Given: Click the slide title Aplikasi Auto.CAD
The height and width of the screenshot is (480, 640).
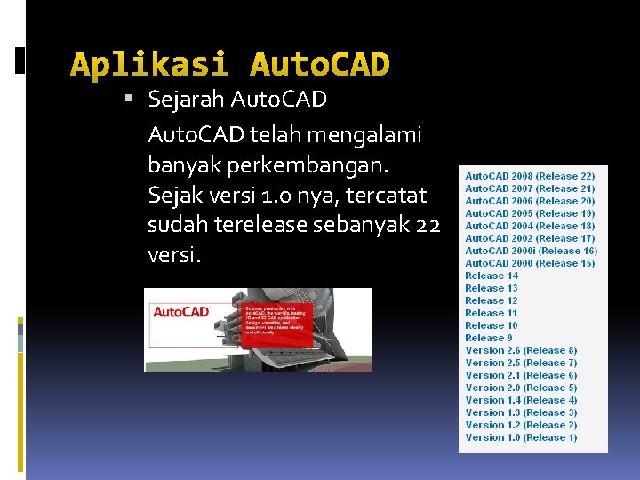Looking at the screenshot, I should (x=229, y=65).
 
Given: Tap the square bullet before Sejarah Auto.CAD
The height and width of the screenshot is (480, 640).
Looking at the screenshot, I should (x=130, y=100).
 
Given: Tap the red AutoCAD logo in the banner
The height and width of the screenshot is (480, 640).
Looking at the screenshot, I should (x=181, y=312).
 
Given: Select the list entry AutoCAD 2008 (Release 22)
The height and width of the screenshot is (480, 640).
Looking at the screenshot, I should (x=530, y=177).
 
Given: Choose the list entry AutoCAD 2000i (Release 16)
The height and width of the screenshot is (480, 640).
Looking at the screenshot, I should (x=531, y=251).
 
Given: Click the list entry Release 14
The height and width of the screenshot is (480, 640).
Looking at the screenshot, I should (x=492, y=276).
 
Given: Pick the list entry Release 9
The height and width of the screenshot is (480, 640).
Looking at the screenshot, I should (x=489, y=338).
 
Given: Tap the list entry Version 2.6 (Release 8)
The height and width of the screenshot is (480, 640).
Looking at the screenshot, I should (x=521, y=350).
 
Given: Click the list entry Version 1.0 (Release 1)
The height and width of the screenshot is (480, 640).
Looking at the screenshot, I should (x=521, y=437).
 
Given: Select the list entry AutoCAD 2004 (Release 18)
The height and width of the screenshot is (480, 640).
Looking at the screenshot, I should (x=530, y=226).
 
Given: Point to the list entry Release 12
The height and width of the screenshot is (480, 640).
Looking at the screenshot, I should (x=492, y=300).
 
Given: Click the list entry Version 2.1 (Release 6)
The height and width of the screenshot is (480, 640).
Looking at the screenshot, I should (x=521, y=375).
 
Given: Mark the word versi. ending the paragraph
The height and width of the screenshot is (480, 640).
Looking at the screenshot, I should (x=174, y=256).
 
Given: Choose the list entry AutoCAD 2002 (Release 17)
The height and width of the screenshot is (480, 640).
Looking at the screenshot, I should (x=530, y=238).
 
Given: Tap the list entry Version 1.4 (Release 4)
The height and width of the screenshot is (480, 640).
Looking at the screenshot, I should (x=521, y=400).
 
